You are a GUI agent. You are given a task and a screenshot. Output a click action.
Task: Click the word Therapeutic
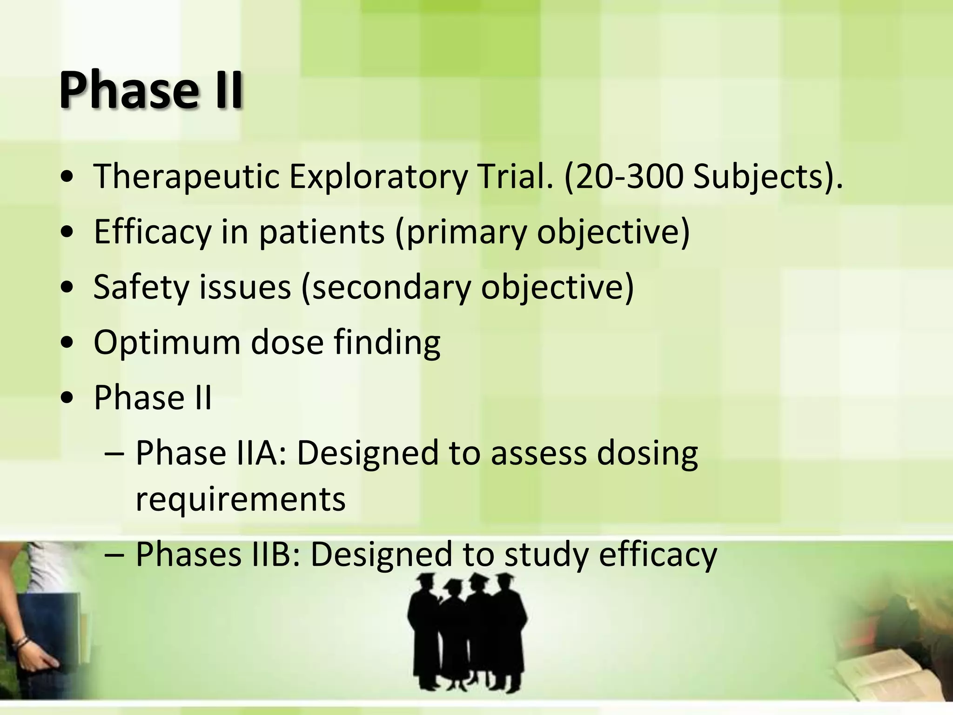(x=186, y=177)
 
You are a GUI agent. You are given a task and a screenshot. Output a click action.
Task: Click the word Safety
(x=141, y=287)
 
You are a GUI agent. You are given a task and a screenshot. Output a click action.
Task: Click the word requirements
(x=240, y=499)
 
